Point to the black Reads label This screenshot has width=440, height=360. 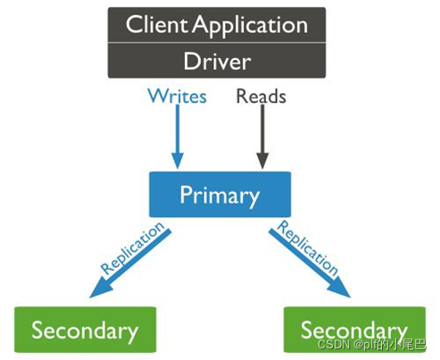click(261, 95)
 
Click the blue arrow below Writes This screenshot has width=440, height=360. click(178, 134)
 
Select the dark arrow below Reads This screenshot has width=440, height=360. click(262, 134)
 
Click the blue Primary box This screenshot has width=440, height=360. click(219, 195)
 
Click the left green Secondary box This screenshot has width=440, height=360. click(85, 331)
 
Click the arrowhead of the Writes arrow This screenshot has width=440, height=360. click(178, 161)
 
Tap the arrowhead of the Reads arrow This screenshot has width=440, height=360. click(262, 161)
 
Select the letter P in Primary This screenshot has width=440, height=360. click(186, 195)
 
